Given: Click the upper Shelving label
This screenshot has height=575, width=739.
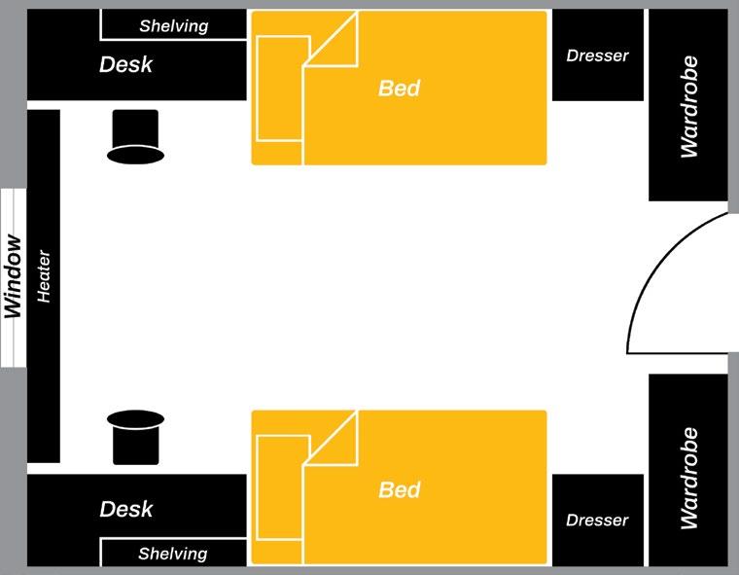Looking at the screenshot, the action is (173, 26).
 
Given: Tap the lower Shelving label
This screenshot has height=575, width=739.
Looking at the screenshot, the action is (173, 554).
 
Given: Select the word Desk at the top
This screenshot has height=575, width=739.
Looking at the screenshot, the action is (126, 65).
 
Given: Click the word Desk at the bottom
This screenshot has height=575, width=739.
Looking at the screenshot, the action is (126, 509).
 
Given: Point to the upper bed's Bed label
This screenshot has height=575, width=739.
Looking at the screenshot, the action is (399, 89).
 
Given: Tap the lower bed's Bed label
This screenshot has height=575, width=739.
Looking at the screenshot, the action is (399, 489).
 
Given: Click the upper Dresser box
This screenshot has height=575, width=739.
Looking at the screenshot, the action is (597, 55).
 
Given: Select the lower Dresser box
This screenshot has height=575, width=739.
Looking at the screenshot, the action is (597, 520).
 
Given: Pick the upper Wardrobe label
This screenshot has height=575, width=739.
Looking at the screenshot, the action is (689, 107).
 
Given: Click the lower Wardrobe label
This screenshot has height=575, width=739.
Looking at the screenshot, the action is (689, 478).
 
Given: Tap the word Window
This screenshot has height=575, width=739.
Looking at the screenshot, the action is (13, 276).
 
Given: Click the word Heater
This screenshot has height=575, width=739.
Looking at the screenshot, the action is (44, 277).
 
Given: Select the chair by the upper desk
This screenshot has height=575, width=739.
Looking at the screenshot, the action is (134, 137).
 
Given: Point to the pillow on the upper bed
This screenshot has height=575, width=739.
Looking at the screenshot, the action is (281, 89).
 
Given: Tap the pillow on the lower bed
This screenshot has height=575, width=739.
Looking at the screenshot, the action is (281, 487).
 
